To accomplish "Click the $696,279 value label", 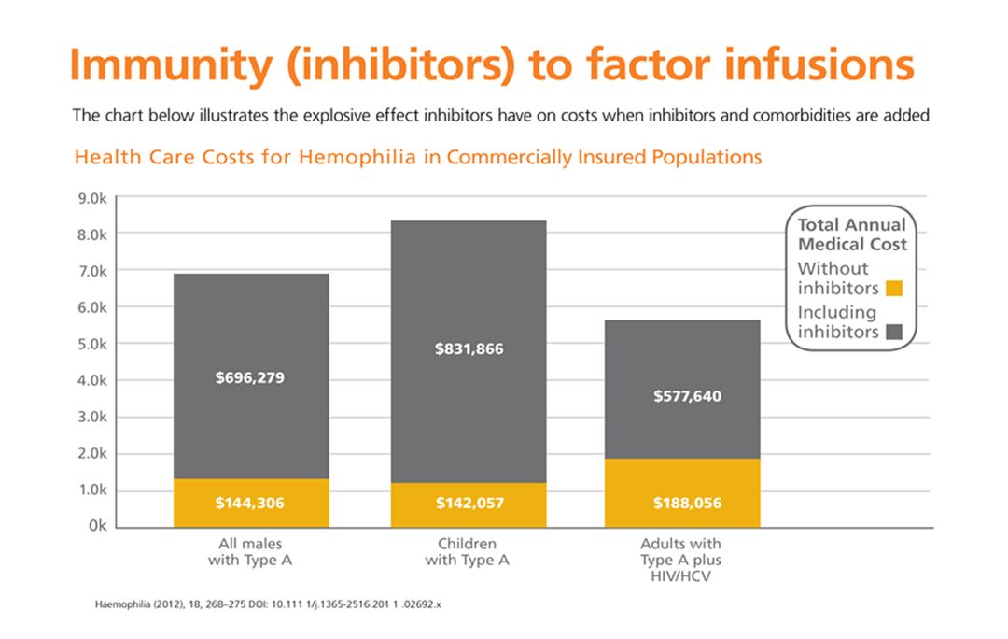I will (249, 378).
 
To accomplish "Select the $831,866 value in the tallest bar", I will (469, 348).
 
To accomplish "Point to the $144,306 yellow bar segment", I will (249, 503).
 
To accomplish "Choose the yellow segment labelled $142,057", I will (469, 504).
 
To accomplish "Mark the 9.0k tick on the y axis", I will (92, 198).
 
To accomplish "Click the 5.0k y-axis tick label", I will (92, 344).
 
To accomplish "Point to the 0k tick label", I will (96, 527).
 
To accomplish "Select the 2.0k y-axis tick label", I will (92, 454).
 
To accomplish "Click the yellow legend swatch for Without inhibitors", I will (893, 288).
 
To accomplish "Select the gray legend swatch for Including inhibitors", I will (893, 332).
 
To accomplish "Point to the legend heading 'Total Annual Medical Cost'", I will (851, 234).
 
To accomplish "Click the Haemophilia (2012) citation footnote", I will (268, 604).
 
